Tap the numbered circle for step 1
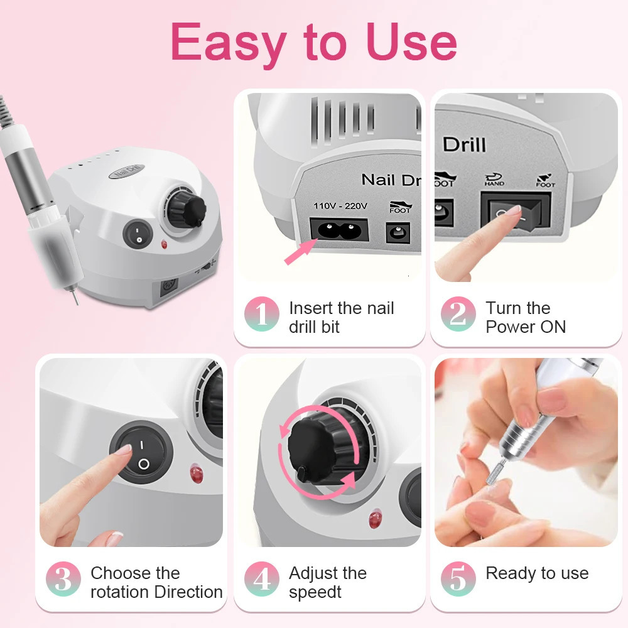click(262, 313)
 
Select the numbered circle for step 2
click(458, 313)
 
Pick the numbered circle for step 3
click(63, 579)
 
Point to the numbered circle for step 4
click(262, 579)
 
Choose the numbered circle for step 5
click(458, 579)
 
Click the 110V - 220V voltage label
click(340, 206)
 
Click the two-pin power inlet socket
click(339, 230)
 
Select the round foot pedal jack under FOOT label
click(398, 233)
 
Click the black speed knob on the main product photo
click(187, 208)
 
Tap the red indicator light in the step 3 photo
click(196, 473)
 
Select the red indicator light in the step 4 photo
click(376, 518)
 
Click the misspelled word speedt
click(315, 592)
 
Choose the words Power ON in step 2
click(526, 327)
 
